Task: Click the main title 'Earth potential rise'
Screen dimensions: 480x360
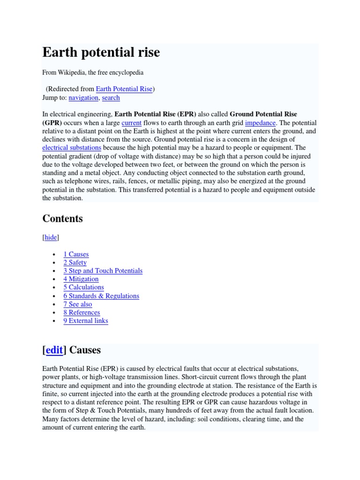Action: click(x=101, y=52)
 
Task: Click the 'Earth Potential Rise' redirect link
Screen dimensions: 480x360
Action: click(x=124, y=89)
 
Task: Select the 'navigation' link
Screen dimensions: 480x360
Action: click(x=83, y=97)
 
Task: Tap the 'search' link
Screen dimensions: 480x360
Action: click(x=111, y=97)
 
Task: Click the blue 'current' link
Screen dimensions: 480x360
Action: click(x=131, y=123)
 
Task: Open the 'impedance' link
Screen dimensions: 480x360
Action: click(x=260, y=123)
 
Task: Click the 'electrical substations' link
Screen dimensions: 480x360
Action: click(x=72, y=148)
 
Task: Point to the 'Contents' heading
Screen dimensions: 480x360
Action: click(x=62, y=218)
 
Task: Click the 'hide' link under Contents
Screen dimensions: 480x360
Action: click(x=51, y=238)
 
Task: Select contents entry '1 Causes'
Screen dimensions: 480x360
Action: click(x=76, y=254)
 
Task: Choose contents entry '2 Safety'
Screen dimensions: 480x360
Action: click(x=75, y=262)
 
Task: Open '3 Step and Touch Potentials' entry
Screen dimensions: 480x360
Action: click(x=103, y=271)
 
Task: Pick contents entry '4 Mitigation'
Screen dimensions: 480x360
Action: click(x=81, y=279)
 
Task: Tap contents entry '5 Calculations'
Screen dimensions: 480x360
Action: click(x=83, y=287)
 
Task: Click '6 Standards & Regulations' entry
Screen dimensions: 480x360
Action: click(x=101, y=296)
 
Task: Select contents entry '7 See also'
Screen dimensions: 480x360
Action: click(x=78, y=304)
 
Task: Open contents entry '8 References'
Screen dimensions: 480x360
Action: click(x=82, y=312)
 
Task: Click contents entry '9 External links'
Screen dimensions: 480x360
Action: click(x=86, y=321)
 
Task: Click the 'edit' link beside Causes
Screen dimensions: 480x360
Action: click(x=54, y=350)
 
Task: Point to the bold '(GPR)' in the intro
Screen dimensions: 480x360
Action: click(x=52, y=123)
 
